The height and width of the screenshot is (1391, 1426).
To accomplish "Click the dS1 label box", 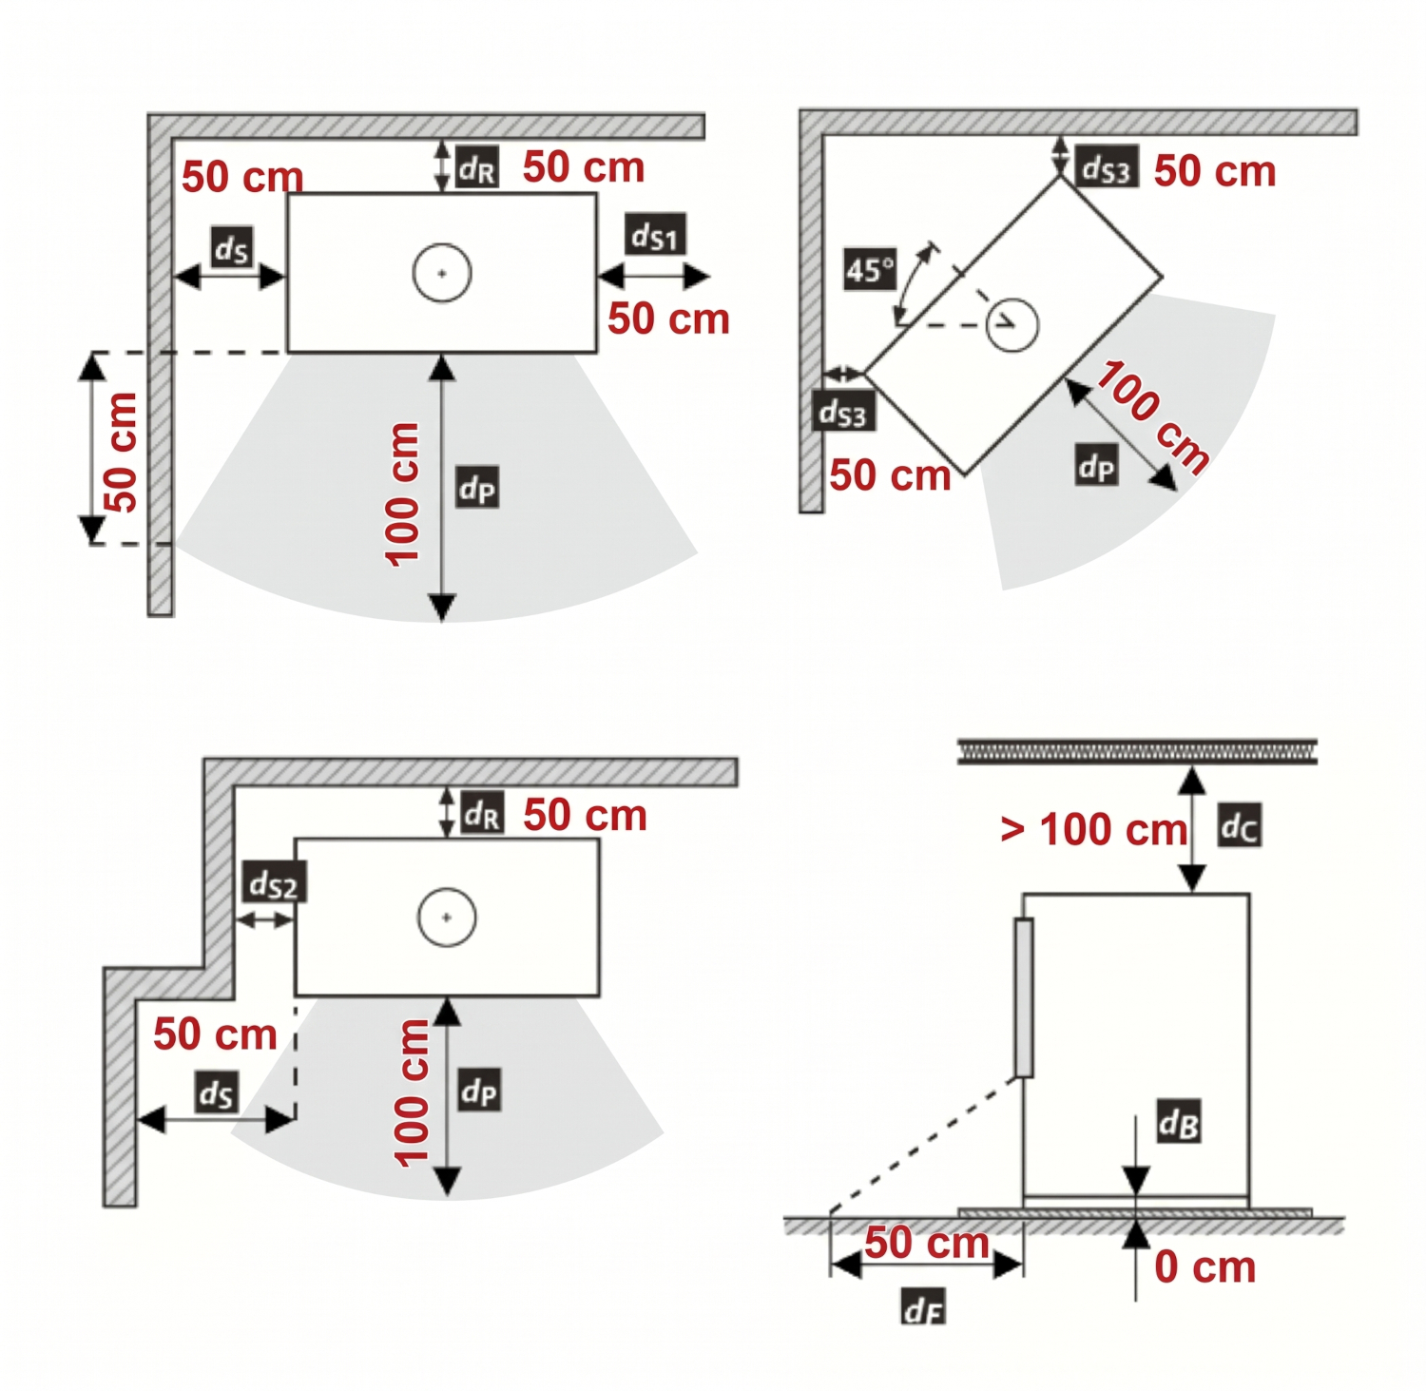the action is tap(655, 234).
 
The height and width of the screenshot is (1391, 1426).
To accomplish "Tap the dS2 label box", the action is tap(274, 883).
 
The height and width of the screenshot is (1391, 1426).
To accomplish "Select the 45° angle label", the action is tap(869, 270).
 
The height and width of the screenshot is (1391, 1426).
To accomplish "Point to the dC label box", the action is tap(1240, 825).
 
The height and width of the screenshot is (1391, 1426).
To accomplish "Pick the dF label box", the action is tap(923, 1308).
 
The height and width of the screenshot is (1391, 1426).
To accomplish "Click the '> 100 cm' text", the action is tap(1093, 829).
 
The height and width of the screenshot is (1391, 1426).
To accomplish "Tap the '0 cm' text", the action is tap(1204, 1266).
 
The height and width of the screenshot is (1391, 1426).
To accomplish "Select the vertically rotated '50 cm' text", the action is tap(121, 452).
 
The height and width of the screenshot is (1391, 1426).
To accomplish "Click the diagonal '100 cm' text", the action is tap(1153, 415).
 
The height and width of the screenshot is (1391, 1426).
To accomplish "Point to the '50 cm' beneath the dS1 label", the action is tap(668, 319).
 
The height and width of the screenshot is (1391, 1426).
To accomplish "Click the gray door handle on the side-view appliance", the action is tap(1024, 997).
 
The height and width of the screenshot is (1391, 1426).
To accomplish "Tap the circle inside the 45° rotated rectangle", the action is tap(1012, 325).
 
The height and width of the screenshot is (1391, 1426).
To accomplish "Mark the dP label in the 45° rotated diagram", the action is tap(1096, 465).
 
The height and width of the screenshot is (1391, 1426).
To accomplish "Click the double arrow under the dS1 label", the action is tap(654, 276).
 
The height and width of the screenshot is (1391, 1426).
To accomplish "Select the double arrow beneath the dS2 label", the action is tap(265, 919).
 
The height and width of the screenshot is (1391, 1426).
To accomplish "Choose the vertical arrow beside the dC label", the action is tap(1192, 830).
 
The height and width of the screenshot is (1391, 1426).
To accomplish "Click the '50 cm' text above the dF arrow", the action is tap(927, 1242).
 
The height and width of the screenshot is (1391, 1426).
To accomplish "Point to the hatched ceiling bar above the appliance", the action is tap(1137, 750).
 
